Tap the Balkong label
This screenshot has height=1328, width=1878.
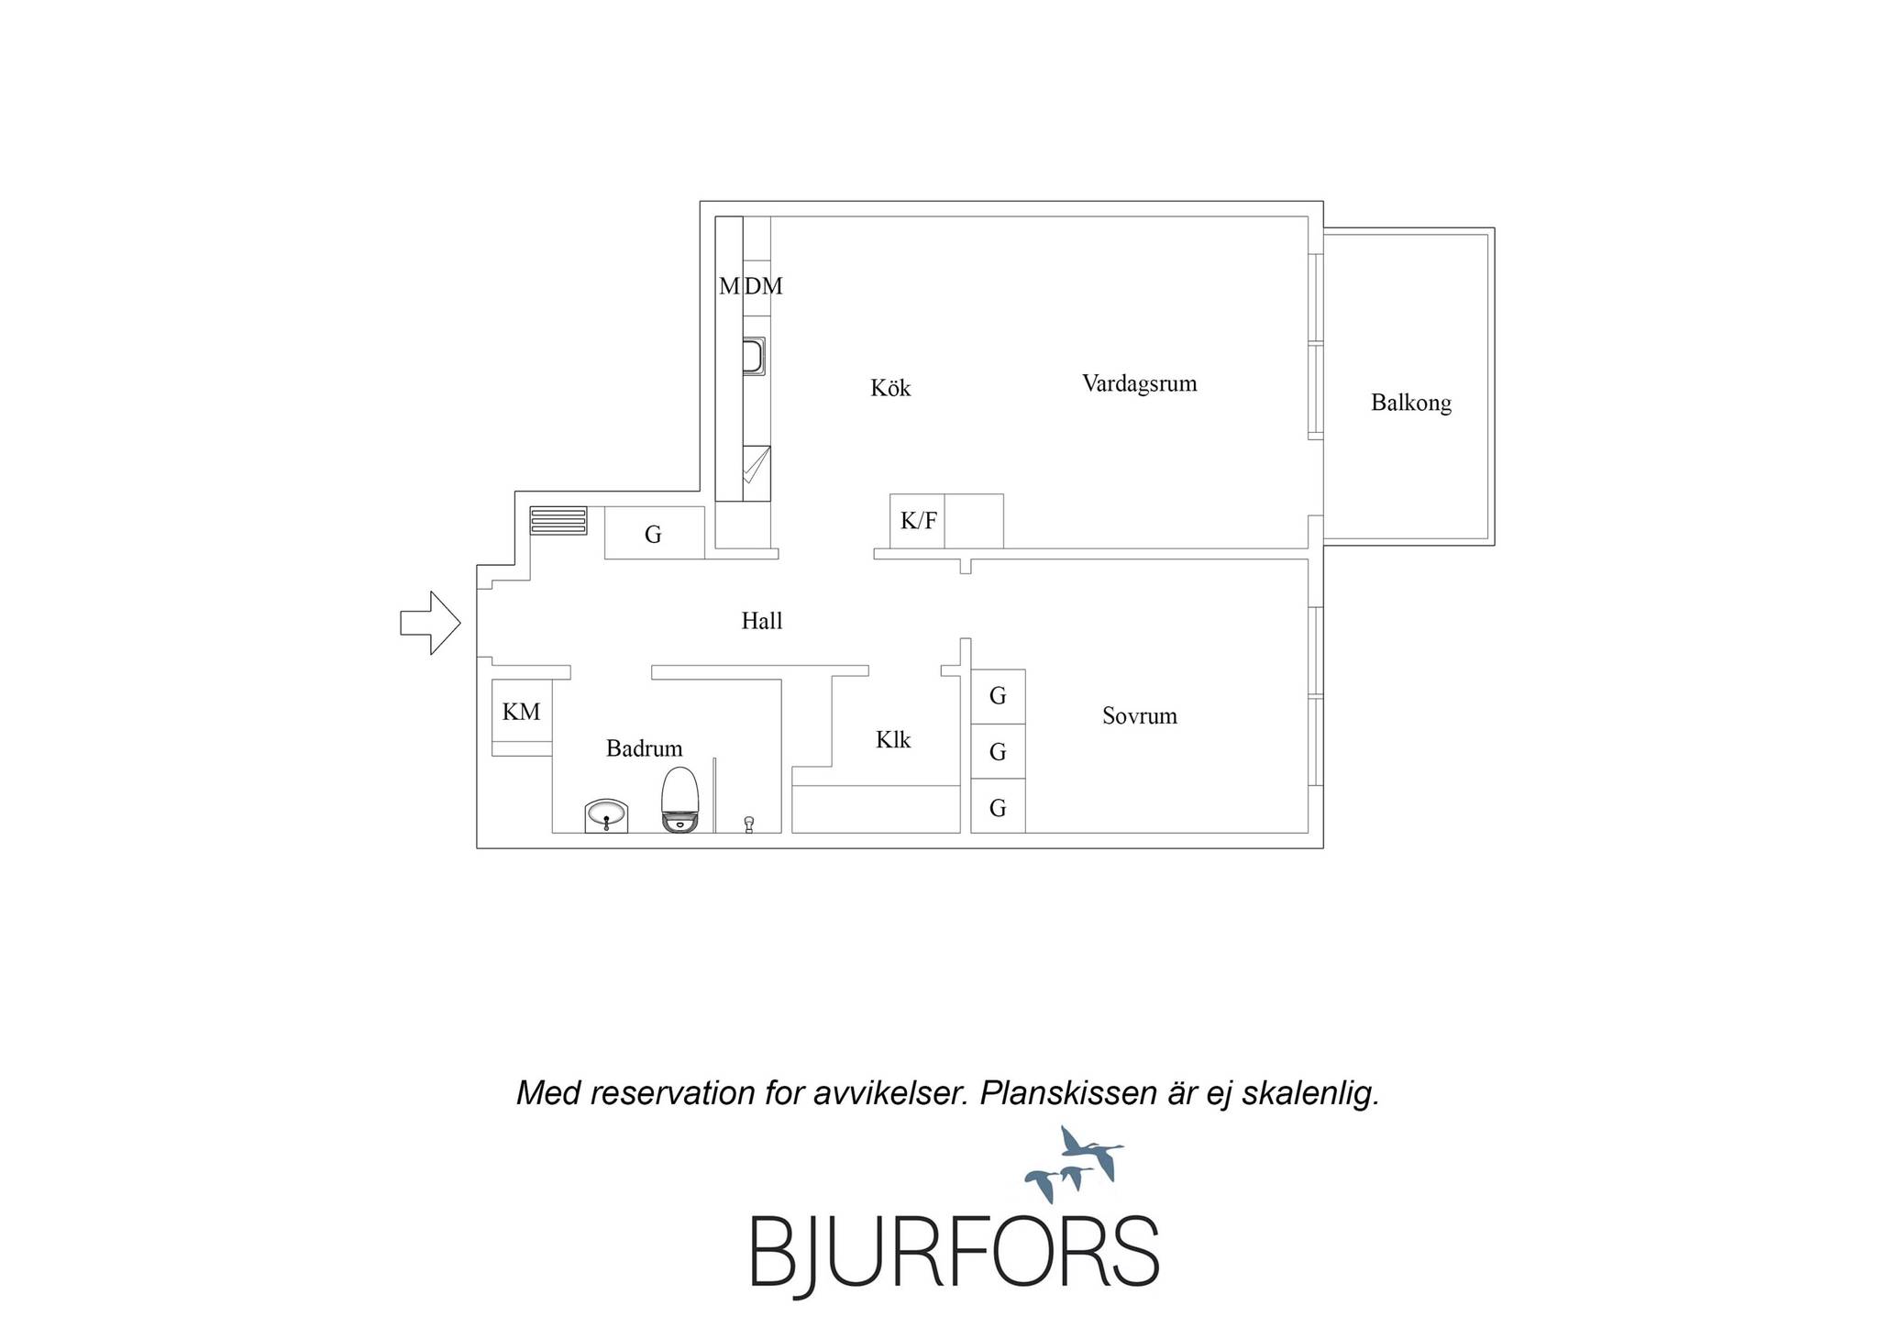[1411, 403]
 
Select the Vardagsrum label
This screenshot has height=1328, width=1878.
[1139, 383]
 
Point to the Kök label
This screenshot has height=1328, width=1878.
[890, 388]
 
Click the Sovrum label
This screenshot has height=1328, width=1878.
[1140, 715]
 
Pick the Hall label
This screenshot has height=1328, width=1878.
[762, 621]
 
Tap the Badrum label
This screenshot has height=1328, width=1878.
[645, 748]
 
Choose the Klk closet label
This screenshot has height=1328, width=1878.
[893, 739]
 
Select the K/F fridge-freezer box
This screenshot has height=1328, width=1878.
[918, 521]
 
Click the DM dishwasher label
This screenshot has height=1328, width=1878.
[764, 286]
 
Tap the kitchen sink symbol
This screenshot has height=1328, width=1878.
[754, 357]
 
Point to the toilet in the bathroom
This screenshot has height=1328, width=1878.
[680, 800]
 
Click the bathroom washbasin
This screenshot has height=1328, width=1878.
[606, 816]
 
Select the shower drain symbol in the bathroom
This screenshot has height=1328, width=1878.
[749, 824]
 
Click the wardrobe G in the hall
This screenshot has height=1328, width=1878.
[654, 533]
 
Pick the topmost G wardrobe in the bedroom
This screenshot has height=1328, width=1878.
[998, 696]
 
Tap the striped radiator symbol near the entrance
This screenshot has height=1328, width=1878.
[558, 520]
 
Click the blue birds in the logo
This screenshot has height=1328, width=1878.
[1073, 1164]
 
